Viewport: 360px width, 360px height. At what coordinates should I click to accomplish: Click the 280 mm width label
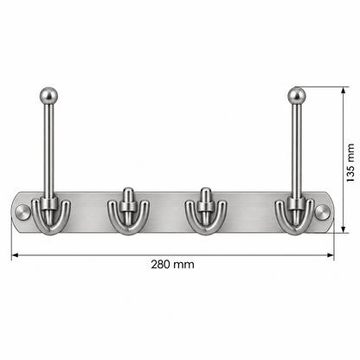pos(172,264)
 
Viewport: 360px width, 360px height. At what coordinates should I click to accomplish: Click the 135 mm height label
pos(350,163)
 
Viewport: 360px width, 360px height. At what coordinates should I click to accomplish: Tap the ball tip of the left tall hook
pos(48,94)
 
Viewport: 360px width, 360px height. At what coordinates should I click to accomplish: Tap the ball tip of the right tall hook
pos(297,95)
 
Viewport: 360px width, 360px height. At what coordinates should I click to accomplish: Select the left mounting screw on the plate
pos(23,212)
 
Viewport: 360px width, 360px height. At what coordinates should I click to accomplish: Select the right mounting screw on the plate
pos(323,212)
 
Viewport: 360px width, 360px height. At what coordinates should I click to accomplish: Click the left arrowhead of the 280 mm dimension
pos(15,255)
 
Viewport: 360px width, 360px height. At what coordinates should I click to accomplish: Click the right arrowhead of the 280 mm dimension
pos(331,255)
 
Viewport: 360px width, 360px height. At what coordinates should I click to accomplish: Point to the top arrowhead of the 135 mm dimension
pos(343,91)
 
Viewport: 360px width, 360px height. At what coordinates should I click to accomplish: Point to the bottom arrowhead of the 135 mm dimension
pos(343,229)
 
